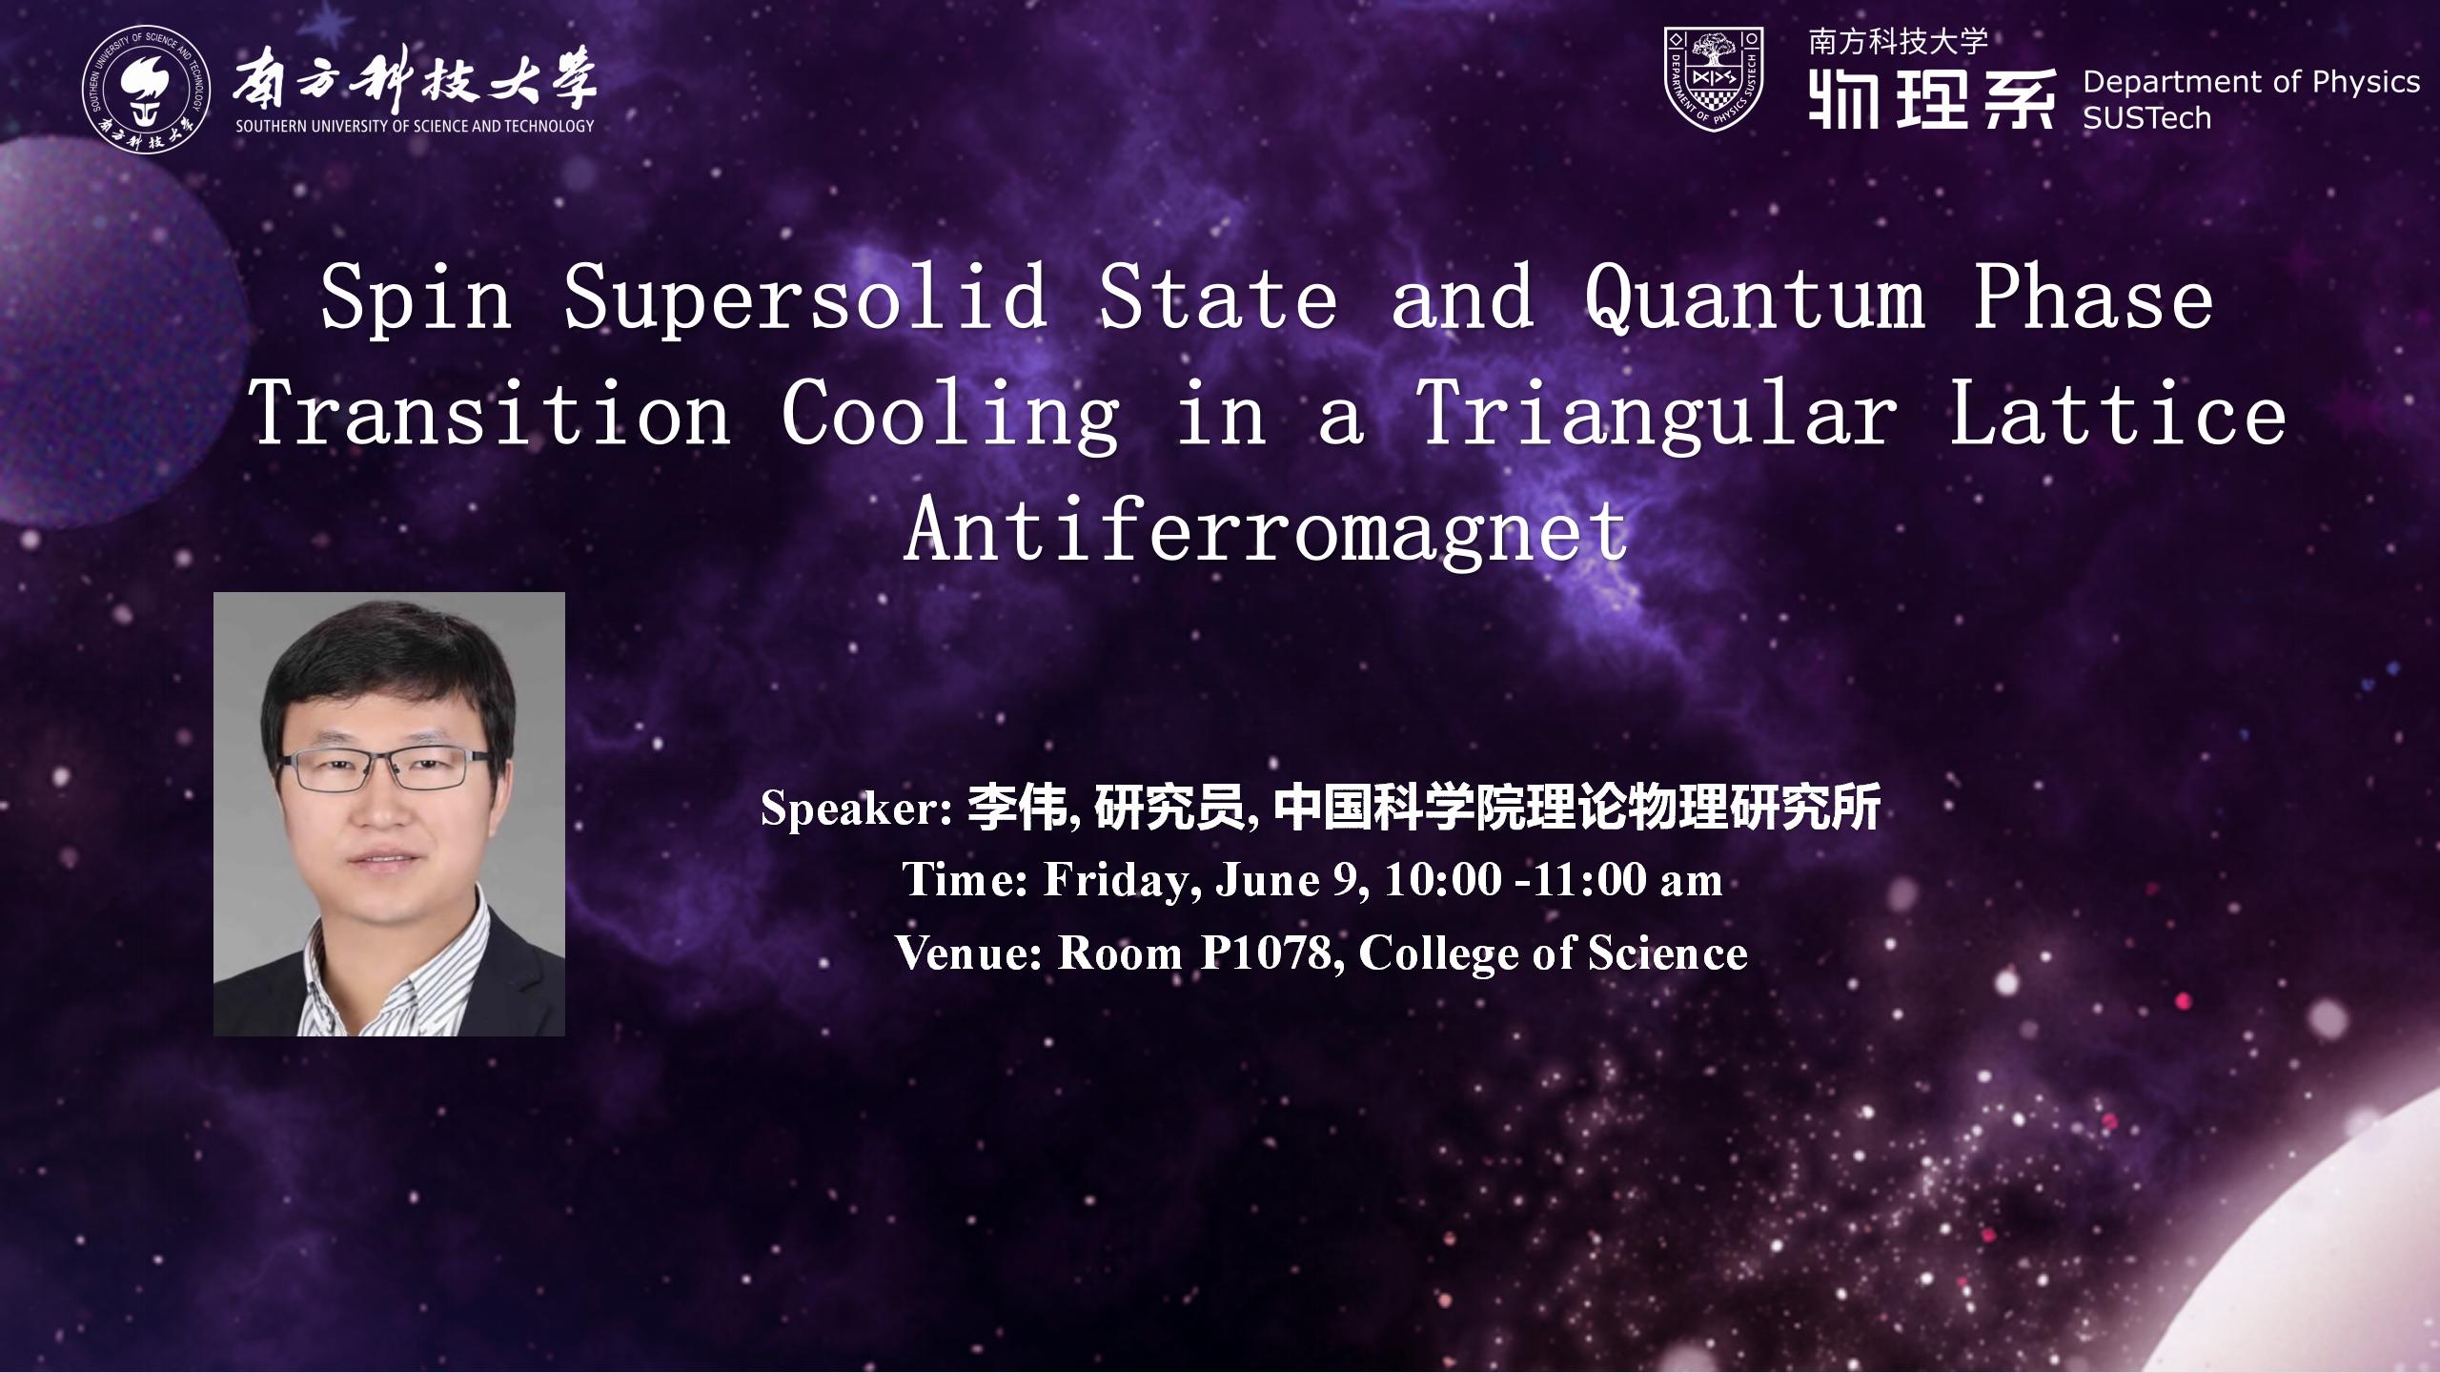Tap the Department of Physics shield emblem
click(1714, 78)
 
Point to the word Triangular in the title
click(1657, 418)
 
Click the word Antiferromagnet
click(1267, 532)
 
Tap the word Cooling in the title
click(950, 418)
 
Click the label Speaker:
click(857, 809)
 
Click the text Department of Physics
click(2251, 83)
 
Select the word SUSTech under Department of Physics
click(2146, 118)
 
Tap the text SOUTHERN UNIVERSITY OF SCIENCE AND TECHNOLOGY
click(415, 125)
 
